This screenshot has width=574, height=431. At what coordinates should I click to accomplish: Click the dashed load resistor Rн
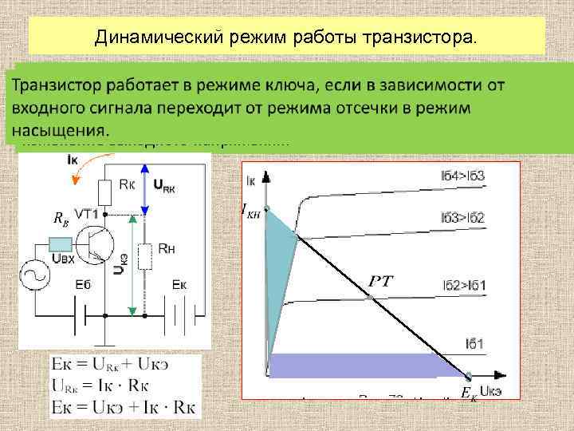[x=145, y=257]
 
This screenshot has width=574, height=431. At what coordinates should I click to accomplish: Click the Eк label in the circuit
[x=179, y=285]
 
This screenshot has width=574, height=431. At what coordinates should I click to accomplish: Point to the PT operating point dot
[x=370, y=299]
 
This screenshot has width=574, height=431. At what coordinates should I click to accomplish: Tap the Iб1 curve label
[x=477, y=344]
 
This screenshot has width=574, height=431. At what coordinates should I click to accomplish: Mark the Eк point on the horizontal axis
[x=469, y=374]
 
